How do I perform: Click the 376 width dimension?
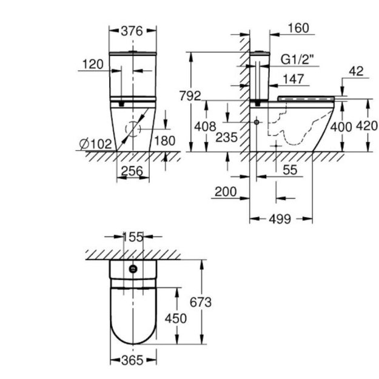[x=132, y=31]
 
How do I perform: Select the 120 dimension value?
[x=93, y=64]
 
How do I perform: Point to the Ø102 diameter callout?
[x=95, y=144]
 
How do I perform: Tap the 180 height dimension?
[x=164, y=141]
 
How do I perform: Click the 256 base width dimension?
[x=132, y=171]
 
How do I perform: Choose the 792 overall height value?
[x=190, y=96]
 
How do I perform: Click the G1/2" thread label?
[x=297, y=59]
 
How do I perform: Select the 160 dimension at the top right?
[x=298, y=28]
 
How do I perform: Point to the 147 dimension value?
[x=293, y=79]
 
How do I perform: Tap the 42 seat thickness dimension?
[x=357, y=72]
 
